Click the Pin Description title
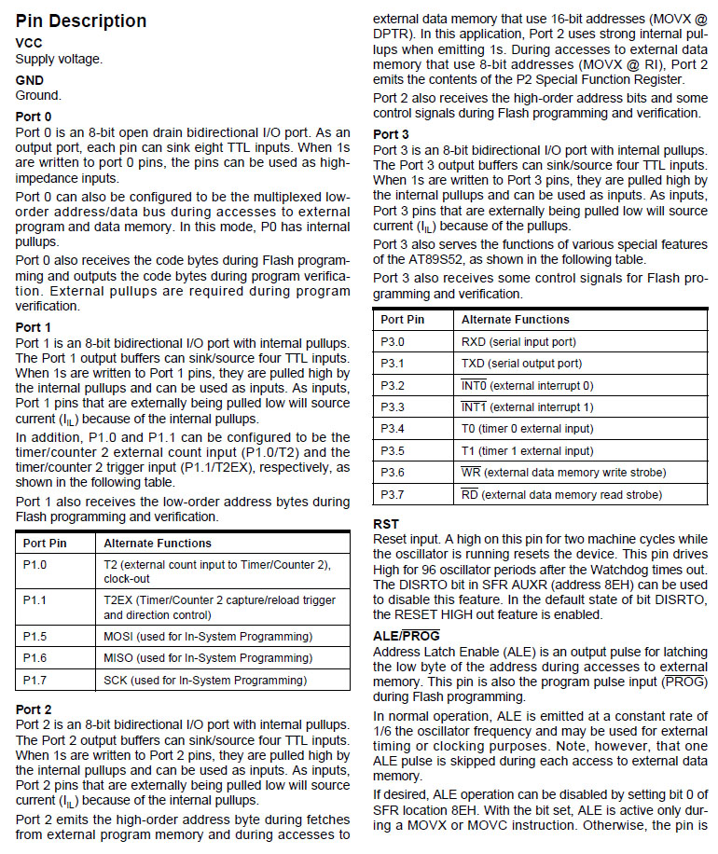[81, 21]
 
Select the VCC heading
[29, 43]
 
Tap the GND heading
[30, 80]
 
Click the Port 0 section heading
[35, 117]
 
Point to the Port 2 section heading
[35, 709]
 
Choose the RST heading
[386, 524]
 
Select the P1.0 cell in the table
[35, 565]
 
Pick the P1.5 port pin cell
[35, 636]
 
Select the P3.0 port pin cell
[393, 341]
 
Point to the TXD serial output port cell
[521, 364]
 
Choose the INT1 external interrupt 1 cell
[527, 407]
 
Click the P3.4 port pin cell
[393, 429]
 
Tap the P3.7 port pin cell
[393, 494]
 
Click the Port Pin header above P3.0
[403, 320]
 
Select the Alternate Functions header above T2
[158, 543]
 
